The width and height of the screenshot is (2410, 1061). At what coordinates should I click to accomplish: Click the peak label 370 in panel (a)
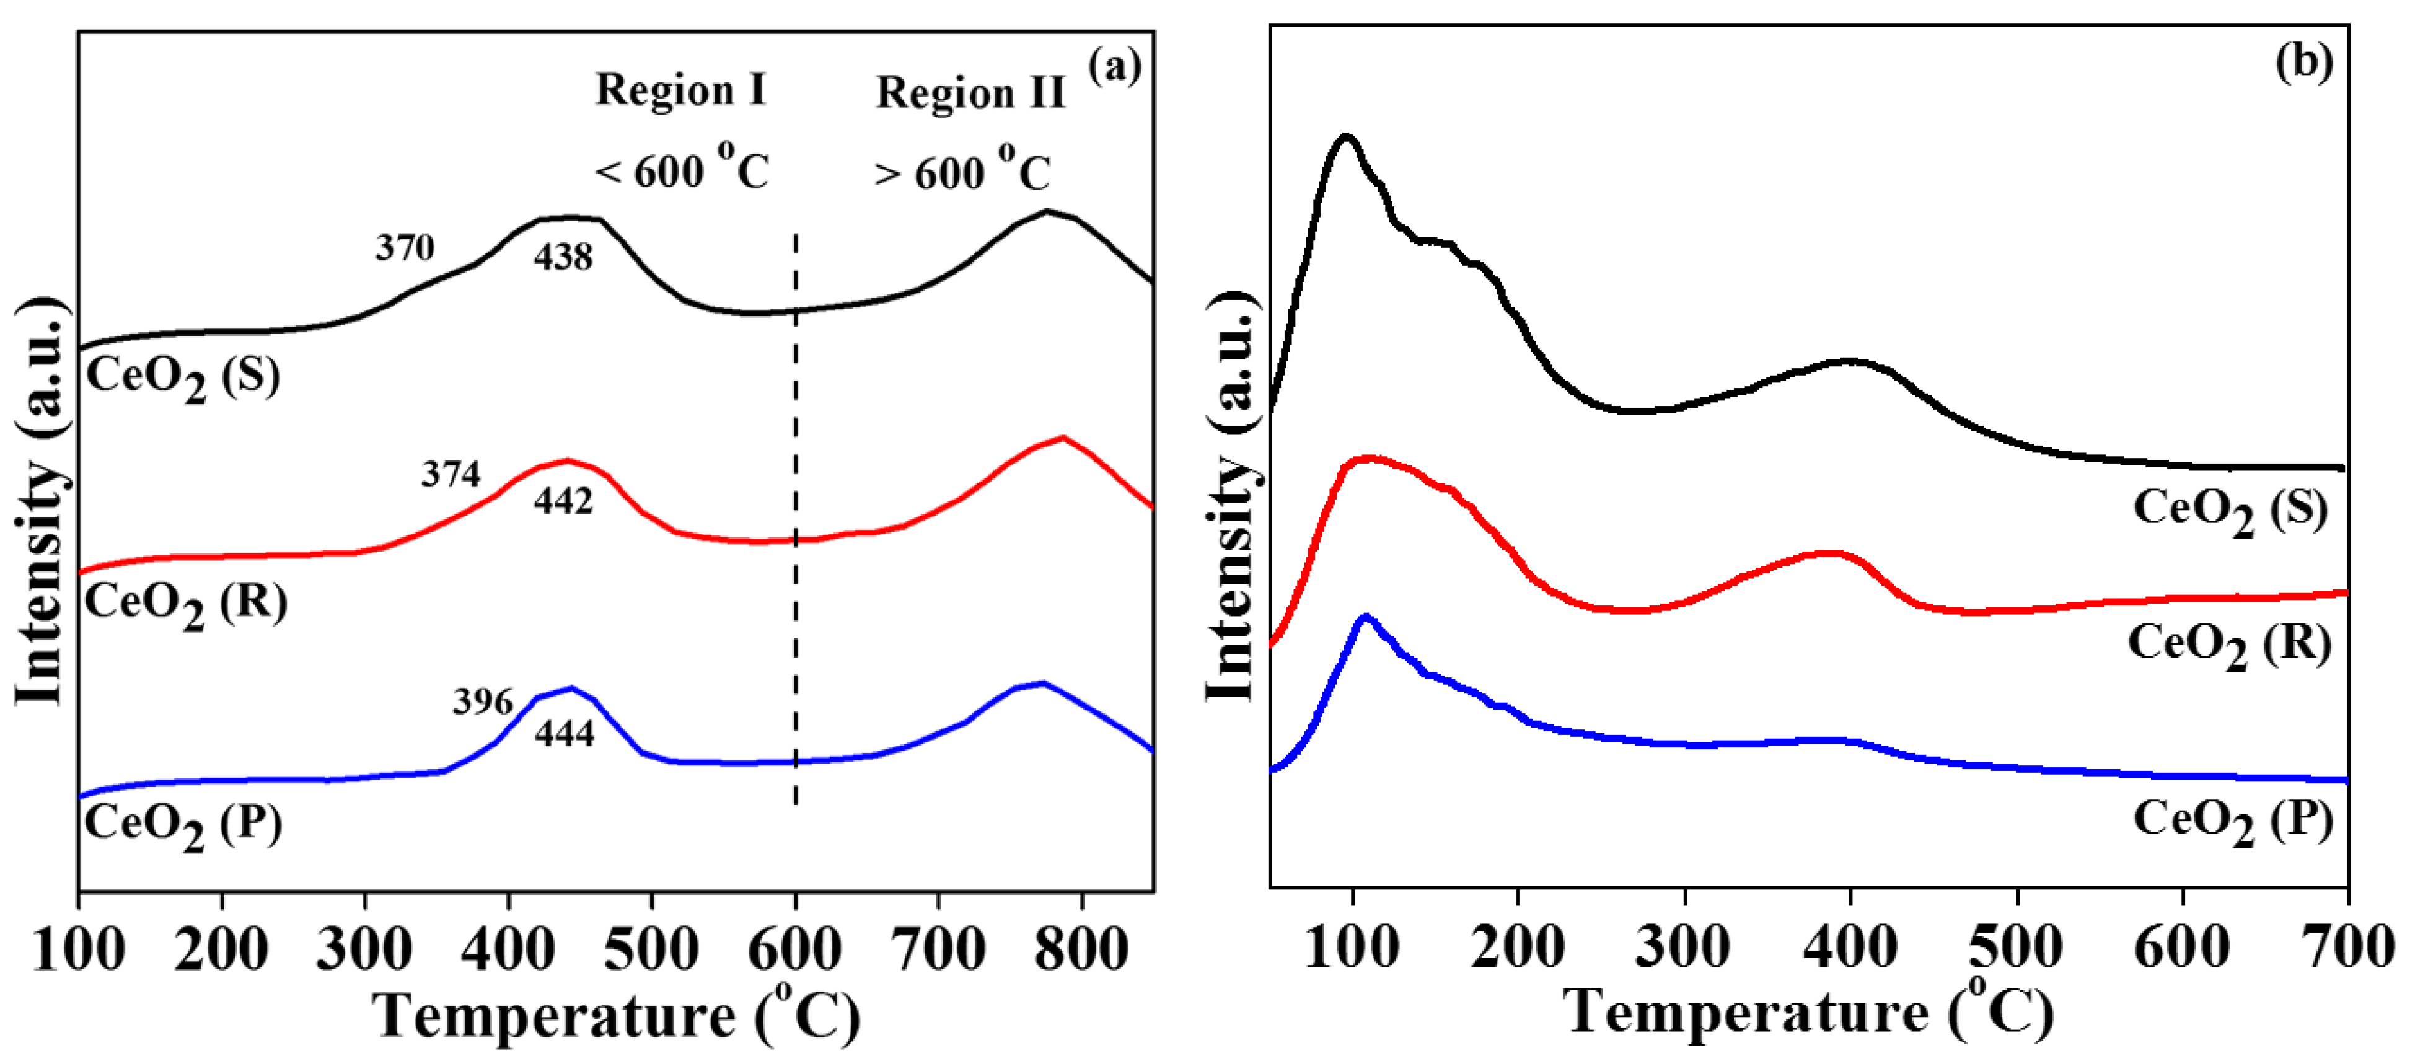point(405,248)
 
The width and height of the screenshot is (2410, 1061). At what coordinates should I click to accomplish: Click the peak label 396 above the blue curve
point(483,702)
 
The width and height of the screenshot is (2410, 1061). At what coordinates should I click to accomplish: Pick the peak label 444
point(564,734)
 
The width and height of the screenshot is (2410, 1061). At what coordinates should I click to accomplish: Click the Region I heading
point(680,90)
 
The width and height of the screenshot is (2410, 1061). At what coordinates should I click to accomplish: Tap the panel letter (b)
point(2303,62)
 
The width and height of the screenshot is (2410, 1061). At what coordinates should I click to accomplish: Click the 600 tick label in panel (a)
point(794,949)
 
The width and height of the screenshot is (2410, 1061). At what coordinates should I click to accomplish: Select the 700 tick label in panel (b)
point(2348,947)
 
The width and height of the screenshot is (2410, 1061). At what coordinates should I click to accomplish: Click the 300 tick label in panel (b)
point(1684,947)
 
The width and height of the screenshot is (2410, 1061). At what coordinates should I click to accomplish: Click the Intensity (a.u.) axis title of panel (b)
point(1233,496)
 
